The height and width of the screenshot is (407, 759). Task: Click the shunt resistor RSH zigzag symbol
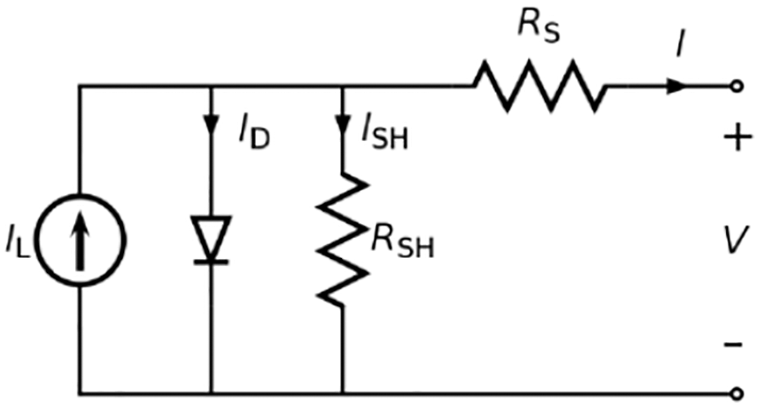point(342,240)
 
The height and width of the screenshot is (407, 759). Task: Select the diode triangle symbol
point(212,238)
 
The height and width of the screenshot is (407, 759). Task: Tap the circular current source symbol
point(81,239)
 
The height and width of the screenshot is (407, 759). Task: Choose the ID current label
point(254,135)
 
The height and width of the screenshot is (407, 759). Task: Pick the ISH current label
point(384,135)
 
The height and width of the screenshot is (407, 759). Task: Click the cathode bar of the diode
point(212,260)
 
